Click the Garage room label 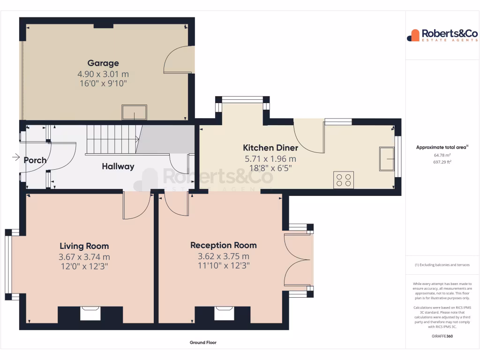pyautogui.click(x=103, y=63)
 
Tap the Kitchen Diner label pyautogui.click(x=270, y=148)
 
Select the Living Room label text pyautogui.click(x=84, y=246)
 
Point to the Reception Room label pyautogui.click(x=223, y=245)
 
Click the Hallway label pyautogui.click(x=118, y=166)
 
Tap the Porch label pyautogui.click(x=35, y=160)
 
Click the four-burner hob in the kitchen pyautogui.click(x=343, y=180)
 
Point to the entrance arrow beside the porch pyautogui.click(x=15, y=157)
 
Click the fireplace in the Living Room pyautogui.click(x=90, y=313)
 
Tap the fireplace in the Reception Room pyautogui.click(x=224, y=313)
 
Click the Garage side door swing pyautogui.click(x=178, y=60)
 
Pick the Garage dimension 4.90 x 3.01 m pyautogui.click(x=103, y=74)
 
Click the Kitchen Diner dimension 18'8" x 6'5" pyautogui.click(x=270, y=168)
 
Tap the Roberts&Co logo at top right pyautogui.click(x=442, y=35)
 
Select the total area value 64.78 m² pyautogui.click(x=442, y=155)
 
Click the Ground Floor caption pyautogui.click(x=203, y=343)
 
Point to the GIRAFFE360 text pyautogui.click(x=442, y=336)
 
